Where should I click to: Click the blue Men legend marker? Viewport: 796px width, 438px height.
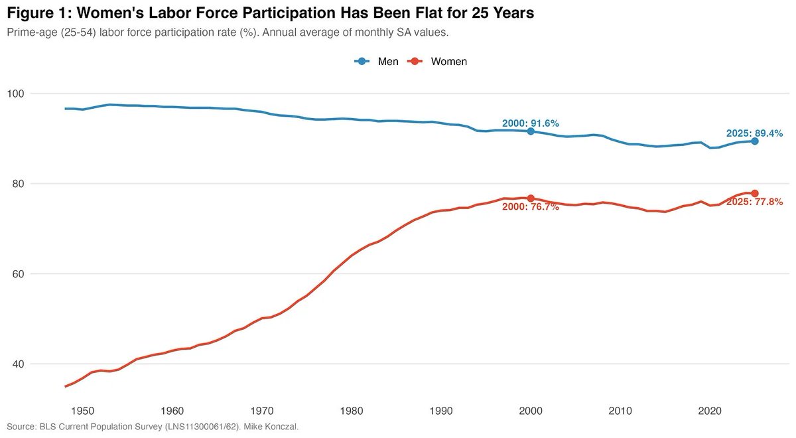(362, 62)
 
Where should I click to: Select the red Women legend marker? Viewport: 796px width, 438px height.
(415, 62)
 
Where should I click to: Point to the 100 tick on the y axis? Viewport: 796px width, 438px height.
(15, 94)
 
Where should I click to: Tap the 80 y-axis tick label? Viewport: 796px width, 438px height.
(17, 184)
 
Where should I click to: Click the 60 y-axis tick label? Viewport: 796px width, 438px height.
(17, 274)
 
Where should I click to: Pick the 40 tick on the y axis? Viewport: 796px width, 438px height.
(17, 364)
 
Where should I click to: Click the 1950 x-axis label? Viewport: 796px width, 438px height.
(82, 411)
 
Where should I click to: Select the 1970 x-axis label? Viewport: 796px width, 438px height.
(262, 411)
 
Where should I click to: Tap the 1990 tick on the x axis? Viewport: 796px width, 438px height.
(441, 411)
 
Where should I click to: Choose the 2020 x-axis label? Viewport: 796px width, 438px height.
(710, 411)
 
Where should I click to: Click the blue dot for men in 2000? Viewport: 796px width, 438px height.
(531, 131)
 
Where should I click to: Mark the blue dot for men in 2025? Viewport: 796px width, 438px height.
(755, 141)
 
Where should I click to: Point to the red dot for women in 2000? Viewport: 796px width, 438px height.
(531, 198)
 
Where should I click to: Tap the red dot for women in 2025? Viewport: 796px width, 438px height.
(755, 193)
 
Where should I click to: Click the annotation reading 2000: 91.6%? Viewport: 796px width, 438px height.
(531, 123)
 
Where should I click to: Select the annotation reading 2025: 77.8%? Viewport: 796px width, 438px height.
(754, 202)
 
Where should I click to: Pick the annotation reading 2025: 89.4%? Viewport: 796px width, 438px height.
(754, 133)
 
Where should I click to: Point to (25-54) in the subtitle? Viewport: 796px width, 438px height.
(78, 33)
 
